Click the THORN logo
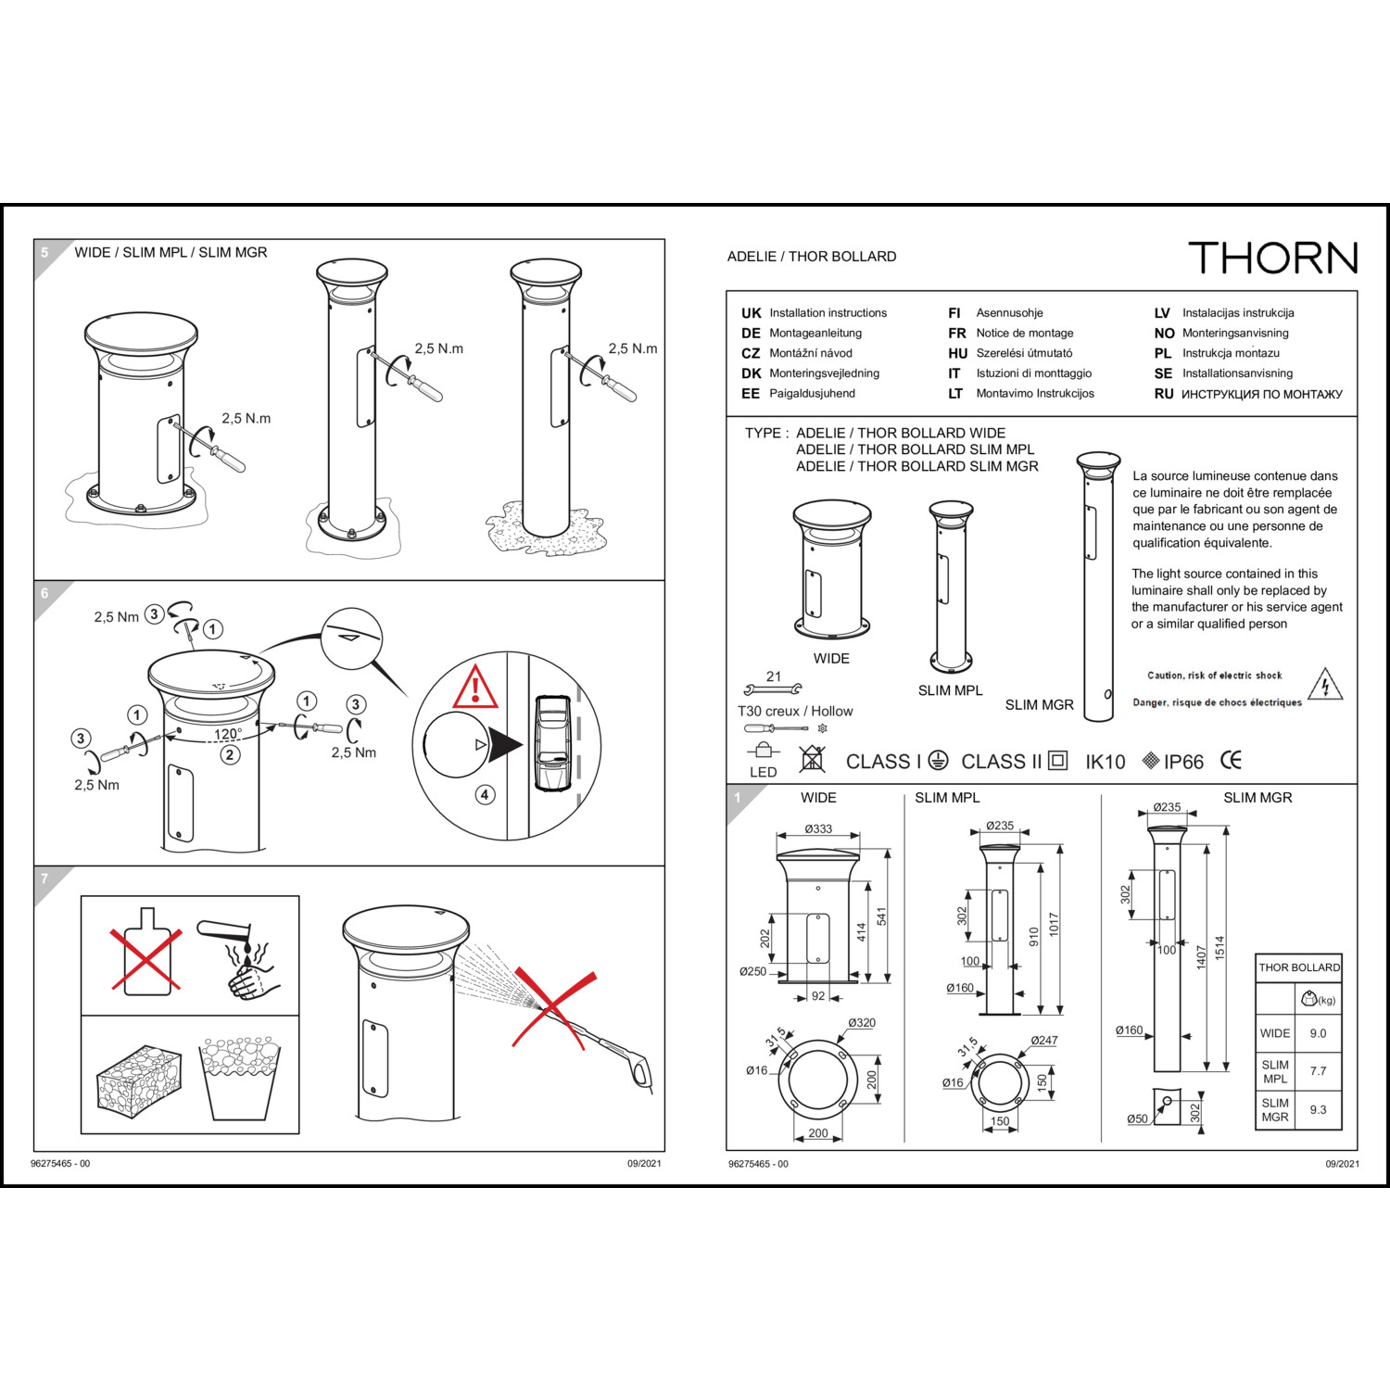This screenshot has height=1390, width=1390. [1272, 258]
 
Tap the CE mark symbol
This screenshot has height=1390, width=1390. [1231, 761]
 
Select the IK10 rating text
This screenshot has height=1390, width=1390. [1105, 762]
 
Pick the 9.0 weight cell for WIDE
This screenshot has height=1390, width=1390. [1318, 1033]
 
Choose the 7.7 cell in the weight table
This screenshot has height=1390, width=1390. [1318, 1071]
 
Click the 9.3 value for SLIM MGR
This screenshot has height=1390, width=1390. [1318, 1109]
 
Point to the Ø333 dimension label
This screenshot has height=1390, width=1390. [818, 828]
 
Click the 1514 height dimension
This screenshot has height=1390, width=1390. [1219, 947]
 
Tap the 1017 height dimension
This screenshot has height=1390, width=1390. [1054, 924]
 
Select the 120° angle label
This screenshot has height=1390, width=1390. [228, 734]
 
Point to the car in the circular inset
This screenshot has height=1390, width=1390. [552, 744]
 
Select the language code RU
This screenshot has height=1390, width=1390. [1164, 394]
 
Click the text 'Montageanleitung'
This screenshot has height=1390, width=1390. [815, 333]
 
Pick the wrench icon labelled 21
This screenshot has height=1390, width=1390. [773, 689]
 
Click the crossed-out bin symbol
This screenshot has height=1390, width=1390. [812, 758]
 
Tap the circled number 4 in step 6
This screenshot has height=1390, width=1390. [485, 794]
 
